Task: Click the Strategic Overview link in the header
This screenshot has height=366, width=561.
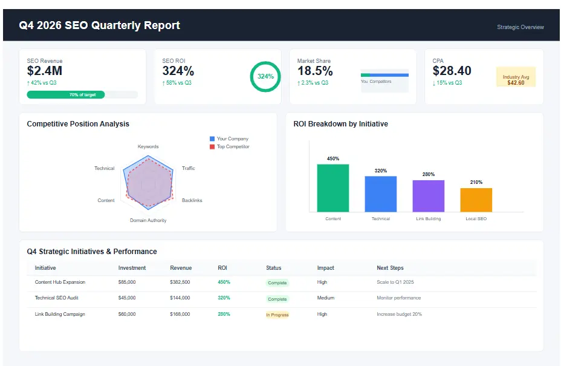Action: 520,27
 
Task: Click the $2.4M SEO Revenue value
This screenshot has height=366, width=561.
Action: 45,71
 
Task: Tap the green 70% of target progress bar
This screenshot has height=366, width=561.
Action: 66,94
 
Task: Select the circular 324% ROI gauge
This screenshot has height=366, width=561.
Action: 265,77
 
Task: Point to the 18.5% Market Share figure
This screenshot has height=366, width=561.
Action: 315,71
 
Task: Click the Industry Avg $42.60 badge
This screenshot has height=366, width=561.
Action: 516,80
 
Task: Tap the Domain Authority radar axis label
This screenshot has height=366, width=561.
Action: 148,220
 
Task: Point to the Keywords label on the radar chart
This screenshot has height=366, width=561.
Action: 148,146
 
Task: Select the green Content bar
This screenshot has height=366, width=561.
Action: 333,188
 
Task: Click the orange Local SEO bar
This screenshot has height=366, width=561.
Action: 476,200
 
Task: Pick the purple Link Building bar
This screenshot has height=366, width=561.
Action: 428,196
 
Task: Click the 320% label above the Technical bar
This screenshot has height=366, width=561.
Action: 380,171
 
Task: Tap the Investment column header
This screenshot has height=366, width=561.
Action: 132,268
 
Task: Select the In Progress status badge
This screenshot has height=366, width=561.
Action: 277,315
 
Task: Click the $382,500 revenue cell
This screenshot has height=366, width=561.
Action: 180,283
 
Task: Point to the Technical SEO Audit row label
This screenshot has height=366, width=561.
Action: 56,298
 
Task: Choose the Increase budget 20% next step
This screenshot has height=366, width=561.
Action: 399,315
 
